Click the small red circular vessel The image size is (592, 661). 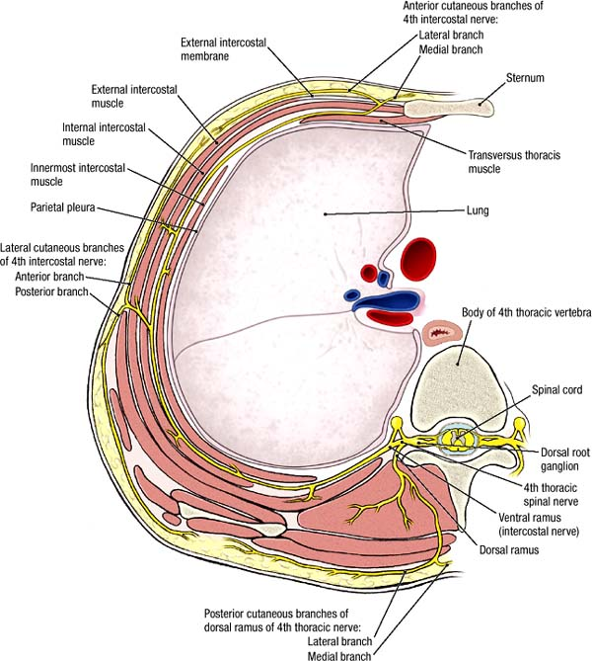click(x=370, y=273)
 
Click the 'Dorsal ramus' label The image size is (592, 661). click(x=507, y=549)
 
